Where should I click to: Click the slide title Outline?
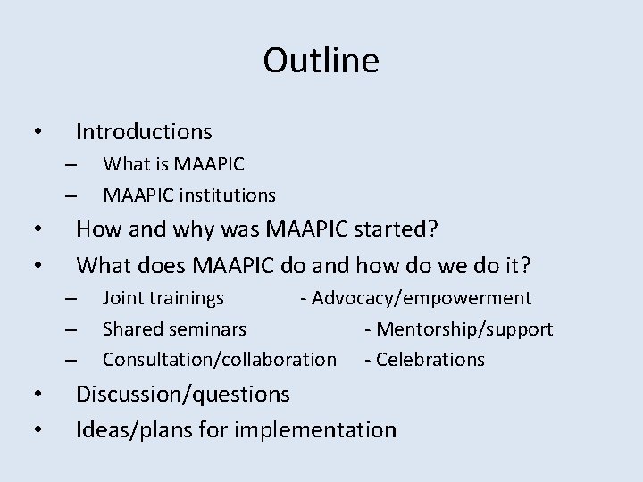pos(321,62)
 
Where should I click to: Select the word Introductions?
pos(144,132)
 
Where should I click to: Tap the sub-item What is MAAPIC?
pos(173,164)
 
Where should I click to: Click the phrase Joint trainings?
pos(163,298)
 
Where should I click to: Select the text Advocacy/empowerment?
pos(421,298)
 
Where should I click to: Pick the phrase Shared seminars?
pos(174,328)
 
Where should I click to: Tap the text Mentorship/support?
pos(464,328)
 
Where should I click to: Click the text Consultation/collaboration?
pos(220,359)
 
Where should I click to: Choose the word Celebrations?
pos(430,359)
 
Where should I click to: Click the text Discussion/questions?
pos(183,394)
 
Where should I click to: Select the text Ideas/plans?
pos(128,430)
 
